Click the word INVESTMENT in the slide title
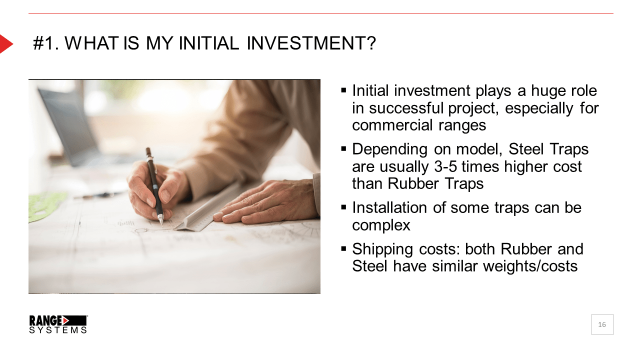tap(311, 43)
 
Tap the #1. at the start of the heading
tap(46, 43)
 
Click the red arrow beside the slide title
tap(5, 44)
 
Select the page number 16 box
tap(602, 324)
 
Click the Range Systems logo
tap(58, 324)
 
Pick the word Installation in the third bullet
tap(389, 207)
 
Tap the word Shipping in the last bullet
tap(382, 249)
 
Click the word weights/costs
tap(530, 266)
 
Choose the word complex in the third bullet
tap(381, 225)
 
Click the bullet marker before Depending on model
tap(343, 148)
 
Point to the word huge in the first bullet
tap(548, 91)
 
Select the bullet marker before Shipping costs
tap(343, 248)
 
